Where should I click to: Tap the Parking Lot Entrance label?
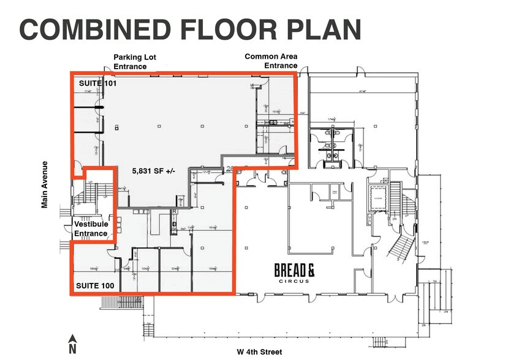click(x=135, y=62)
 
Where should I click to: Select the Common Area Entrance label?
click(x=271, y=61)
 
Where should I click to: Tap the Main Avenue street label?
click(x=45, y=185)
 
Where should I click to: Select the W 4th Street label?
click(x=259, y=351)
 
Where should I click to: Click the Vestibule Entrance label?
click(x=91, y=229)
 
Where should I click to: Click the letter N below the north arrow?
click(x=72, y=349)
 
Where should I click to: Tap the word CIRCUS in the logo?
click(x=295, y=281)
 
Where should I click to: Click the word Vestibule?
click(x=91, y=225)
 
